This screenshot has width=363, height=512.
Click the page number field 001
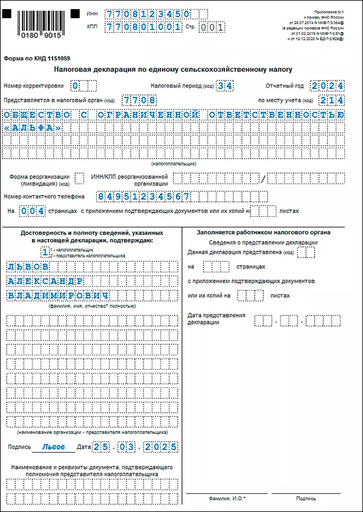tap(212, 27)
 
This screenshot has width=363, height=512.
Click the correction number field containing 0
tap(76, 86)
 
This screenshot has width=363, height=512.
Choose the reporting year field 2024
tap(327, 86)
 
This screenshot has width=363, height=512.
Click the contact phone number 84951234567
tap(144, 197)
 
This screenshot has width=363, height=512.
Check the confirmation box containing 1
tap(45, 251)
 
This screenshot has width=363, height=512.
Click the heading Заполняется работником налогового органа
tap(263, 232)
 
